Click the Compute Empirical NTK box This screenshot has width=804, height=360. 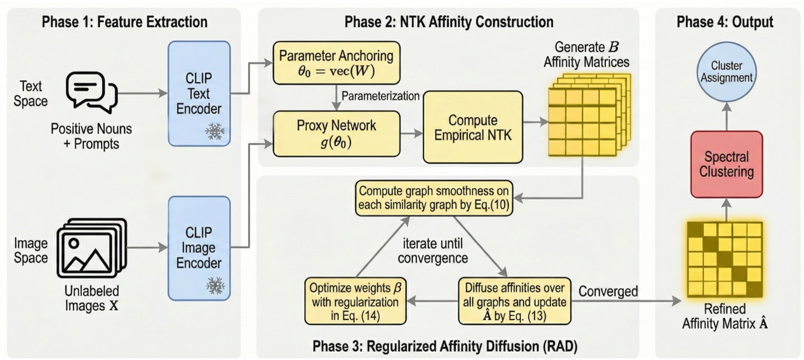(472, 127)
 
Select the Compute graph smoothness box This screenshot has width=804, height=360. (434, 199)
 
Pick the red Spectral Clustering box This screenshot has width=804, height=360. (727, 164)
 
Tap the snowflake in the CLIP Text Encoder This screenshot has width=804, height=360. (214, 132)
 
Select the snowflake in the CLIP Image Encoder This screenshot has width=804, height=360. (214, 286)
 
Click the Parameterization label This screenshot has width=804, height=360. (380, 95)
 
